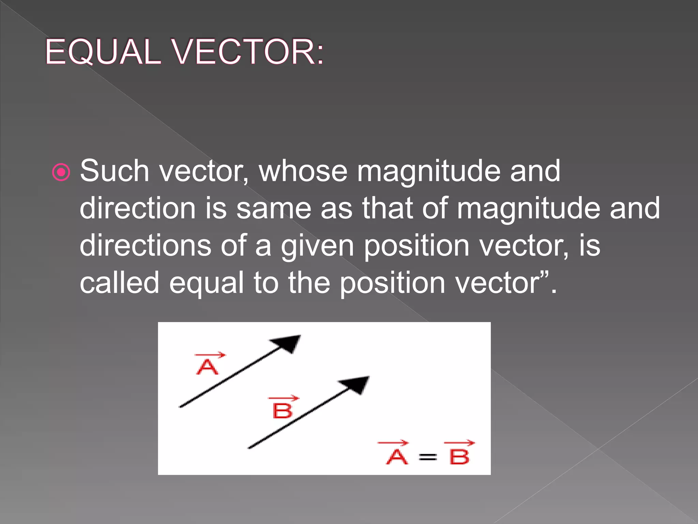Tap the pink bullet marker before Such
[x=61, y=172]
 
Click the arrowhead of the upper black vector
[x=288, y=343]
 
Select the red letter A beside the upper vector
[x=207, y=367]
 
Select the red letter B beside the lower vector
[x=283, y=410]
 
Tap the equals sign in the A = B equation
[x=428, y=456]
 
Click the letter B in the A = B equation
[x=459, y=456]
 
